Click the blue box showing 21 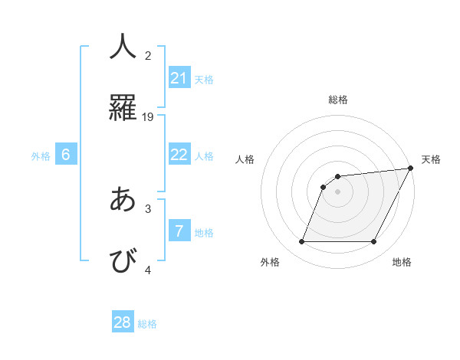click(179, 78)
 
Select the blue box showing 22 click(179, 155)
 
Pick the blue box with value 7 click(179, 231)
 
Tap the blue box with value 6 click(66, 155)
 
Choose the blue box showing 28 click(123, 322)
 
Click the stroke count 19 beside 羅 click(148, 117)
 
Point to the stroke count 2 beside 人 click(148, 55)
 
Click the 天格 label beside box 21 click(204, 80)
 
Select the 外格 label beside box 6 click(41, 156)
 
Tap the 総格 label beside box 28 click(147, 324)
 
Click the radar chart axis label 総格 click(337, 100)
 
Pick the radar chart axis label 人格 click(245, 159)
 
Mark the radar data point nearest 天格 click(410, 169)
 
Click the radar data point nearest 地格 click(374, 242)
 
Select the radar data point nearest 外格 click(301, 242)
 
